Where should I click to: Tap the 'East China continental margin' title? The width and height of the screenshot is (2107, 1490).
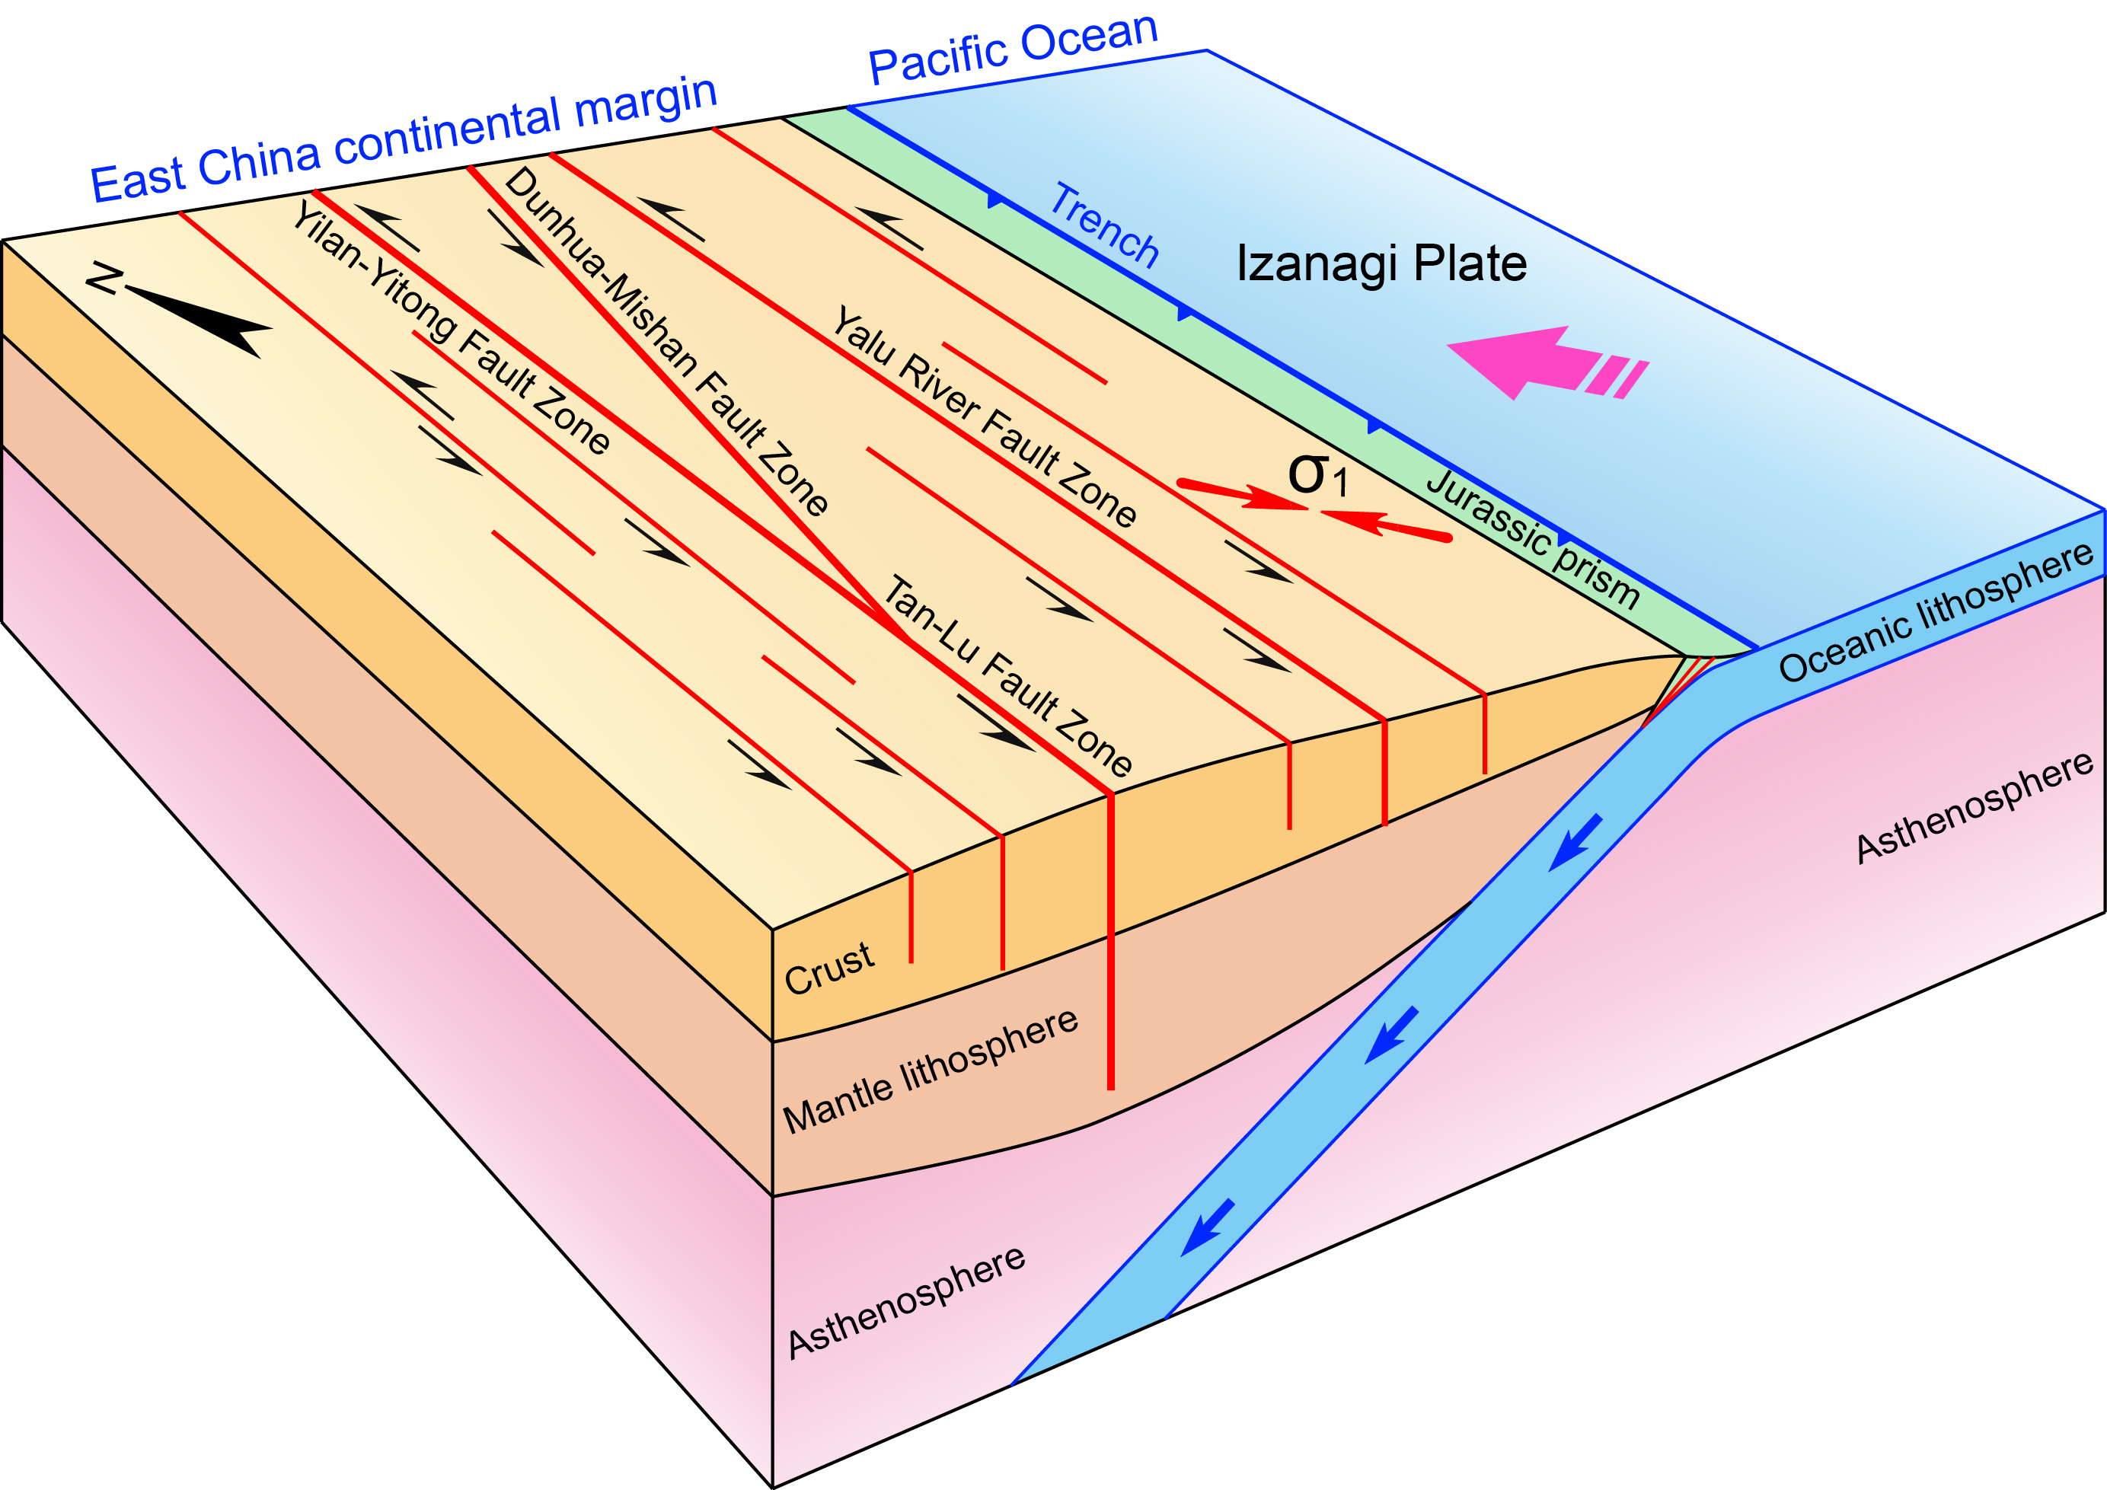tap(404, 139)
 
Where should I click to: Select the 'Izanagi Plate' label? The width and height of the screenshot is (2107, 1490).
tap(1381, 264)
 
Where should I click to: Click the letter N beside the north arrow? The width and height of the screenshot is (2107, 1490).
tap(104, 279)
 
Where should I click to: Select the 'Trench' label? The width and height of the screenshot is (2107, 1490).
tap(1104, 225)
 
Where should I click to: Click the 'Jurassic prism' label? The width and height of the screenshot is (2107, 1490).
tap(1533, 538)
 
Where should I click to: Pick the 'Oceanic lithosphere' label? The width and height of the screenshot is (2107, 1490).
tap(1936, 612)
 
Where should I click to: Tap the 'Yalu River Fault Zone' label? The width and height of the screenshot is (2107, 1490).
tap(984, 416)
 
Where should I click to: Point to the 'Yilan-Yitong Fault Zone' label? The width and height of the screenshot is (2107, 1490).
tap(451, 327)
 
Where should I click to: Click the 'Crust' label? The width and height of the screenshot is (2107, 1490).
tap(828, 968)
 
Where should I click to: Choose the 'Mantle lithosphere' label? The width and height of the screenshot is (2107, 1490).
tap(930, 1070)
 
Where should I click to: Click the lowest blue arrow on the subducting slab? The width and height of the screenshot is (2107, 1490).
tap(1207, 1227)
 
